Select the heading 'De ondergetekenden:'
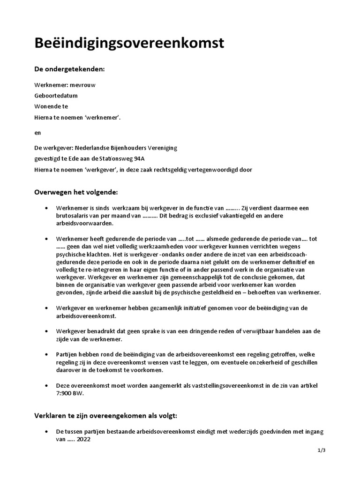[x=69, y=69]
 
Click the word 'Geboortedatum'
[x=56, y=96]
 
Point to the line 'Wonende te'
[x=51, y=106]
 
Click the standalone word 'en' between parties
[x=37, y=132]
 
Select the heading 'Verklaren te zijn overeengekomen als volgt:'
[x=105, y=416]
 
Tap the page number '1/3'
[x=321, y=450]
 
